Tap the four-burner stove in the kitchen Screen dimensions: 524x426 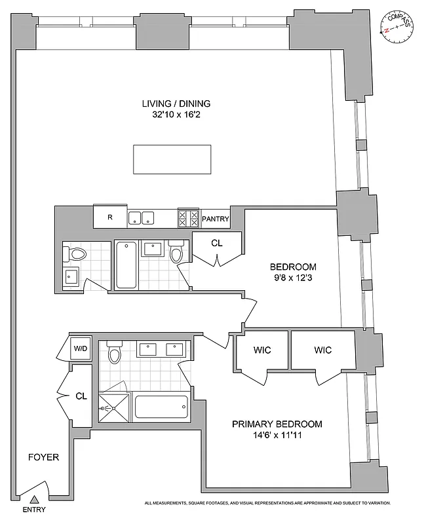point(188,218)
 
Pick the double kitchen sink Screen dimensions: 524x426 point(141,218)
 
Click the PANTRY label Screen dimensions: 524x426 point(216,219)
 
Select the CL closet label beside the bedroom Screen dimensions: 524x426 point(217,243)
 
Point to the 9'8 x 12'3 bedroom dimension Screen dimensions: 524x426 point(293,278)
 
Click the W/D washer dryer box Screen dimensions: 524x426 point(81,348)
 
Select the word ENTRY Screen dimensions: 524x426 point(34,510)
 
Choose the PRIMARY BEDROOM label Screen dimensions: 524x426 point(277,423)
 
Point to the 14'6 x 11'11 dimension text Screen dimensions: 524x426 point(277,434)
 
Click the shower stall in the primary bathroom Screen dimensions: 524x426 point(113,408)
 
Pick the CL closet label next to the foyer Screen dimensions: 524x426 point(81,396)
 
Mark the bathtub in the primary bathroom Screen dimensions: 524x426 point(161,409)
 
